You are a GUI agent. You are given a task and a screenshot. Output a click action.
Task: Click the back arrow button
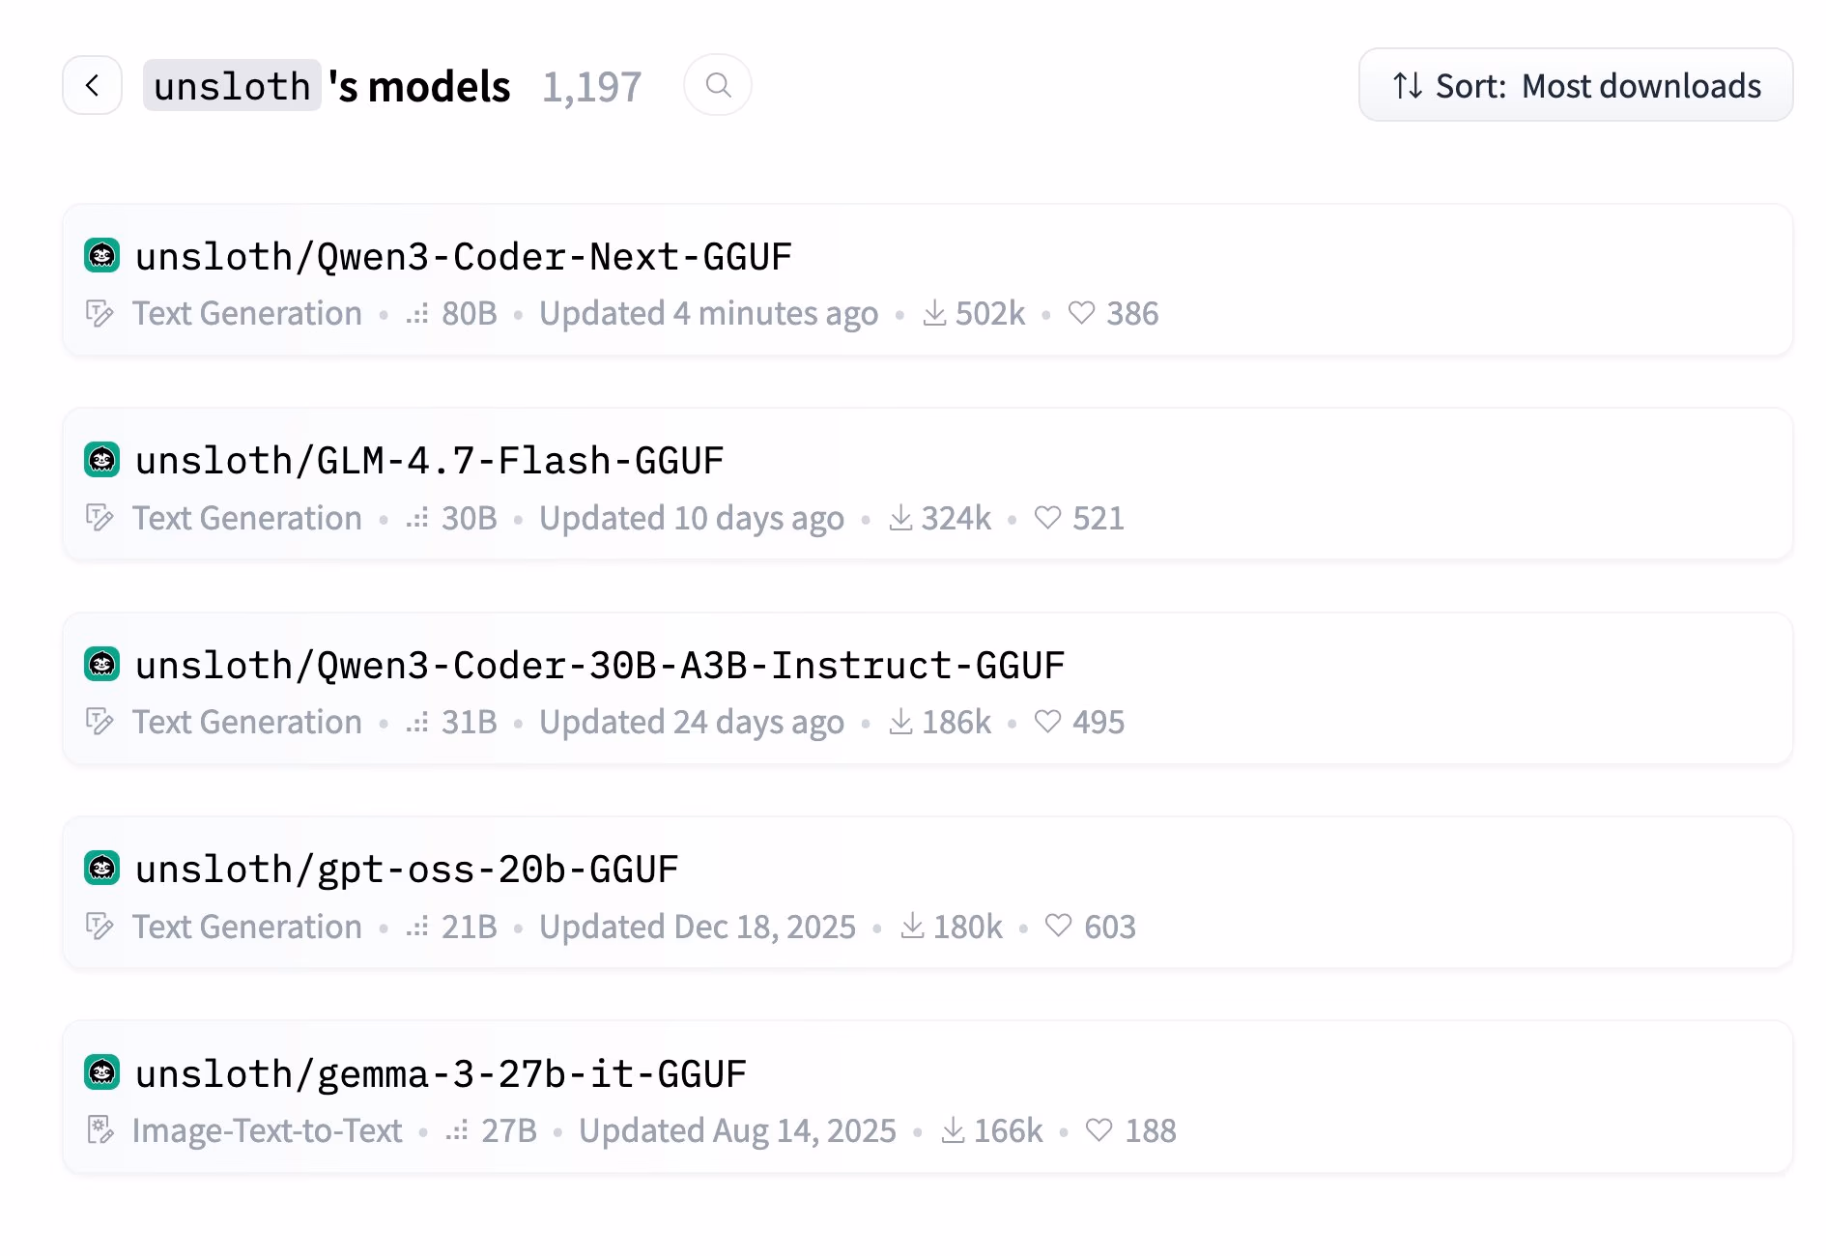pyautogui.click(x=93, y=86)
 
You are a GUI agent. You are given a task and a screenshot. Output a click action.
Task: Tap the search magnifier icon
pyautogui.click(x=718, y=85)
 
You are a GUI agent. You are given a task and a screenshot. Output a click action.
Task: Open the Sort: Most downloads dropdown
pyautogui.click(x=1576, y=85)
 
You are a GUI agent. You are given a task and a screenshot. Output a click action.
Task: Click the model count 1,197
pyautogui.click(x=591, y=87)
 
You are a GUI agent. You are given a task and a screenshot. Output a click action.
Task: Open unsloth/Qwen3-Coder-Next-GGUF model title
pyautogui.click(x=464, y=257)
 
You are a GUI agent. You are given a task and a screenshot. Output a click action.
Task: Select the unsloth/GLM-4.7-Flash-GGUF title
pyautogui.click(x=430, y=461)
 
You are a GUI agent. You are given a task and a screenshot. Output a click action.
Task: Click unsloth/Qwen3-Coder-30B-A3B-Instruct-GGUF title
pyautogui.click(x=600, y=666)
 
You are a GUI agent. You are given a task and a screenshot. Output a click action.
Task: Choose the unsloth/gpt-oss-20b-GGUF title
pyautogui.click(x=407, y=870)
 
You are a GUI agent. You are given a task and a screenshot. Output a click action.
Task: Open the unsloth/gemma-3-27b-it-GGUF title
pyautogui.click(x=441, y=1074)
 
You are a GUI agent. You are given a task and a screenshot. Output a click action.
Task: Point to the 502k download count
pyautogui.click(x=990, y=313)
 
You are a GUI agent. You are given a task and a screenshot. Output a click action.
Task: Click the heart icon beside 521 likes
pyautogui.click(x=1048, y=518)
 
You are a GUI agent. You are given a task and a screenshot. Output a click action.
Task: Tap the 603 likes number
pyautogui.click(x=1110, y=927)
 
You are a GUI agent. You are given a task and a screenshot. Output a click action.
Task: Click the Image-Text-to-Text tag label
pyautogui.click(x=267, y=1130)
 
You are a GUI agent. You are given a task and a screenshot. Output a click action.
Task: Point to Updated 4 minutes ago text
pyautogui.click(x=708, y=313)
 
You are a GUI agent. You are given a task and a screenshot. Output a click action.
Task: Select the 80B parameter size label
pyautogui.click(x=470, y=313)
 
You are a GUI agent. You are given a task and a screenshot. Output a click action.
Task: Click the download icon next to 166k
pyautogui.click(x=953, y=1129)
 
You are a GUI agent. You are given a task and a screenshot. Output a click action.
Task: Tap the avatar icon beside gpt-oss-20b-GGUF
pyautogui.click(x=102, y=869)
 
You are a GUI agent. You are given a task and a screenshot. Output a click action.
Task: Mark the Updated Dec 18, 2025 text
pyautogui.click(x=698, y=927)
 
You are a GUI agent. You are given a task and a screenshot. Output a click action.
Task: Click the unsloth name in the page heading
pyautogui.click(x=232, y=86)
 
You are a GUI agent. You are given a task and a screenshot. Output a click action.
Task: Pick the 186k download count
pyautogui.click(x=956, y=722)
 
